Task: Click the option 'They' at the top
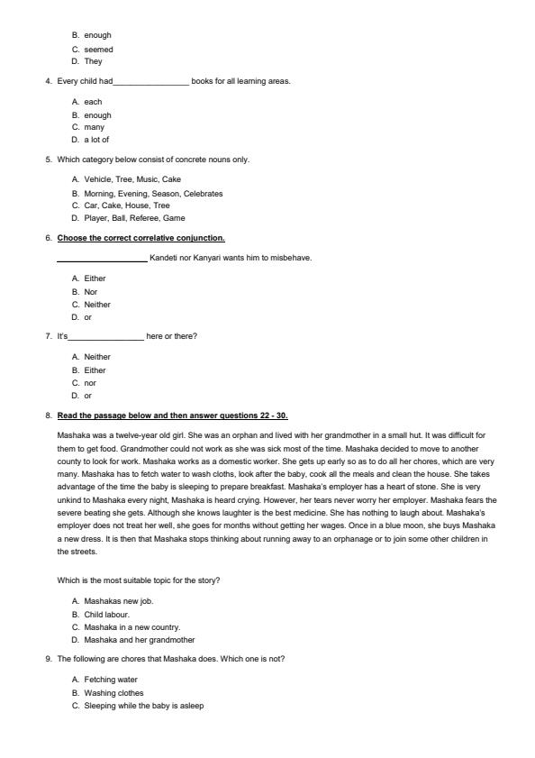tap(93, 61)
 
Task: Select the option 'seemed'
tap(98, 50)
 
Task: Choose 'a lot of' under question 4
tap(96, 140)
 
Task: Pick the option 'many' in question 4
tap(95, 127)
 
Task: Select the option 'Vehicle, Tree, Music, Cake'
tap(132, 179)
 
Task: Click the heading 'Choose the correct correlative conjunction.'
tap(141, 238)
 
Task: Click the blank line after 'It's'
tap(106, 337)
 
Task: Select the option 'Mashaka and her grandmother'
tap(139, 640)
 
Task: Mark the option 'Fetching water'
tap(111, 680)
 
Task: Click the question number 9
tap(48, 659)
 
